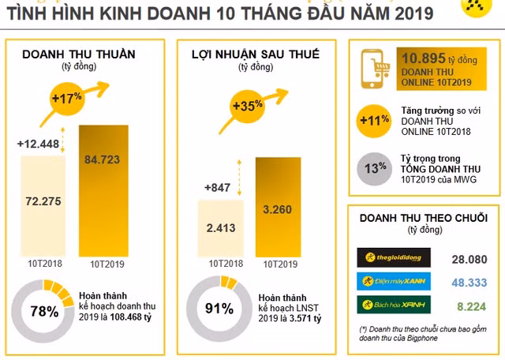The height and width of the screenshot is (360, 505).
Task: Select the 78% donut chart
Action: point(44,310)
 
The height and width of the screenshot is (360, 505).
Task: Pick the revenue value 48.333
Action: point(473,282)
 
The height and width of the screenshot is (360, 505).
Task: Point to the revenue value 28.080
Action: point(473,259)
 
